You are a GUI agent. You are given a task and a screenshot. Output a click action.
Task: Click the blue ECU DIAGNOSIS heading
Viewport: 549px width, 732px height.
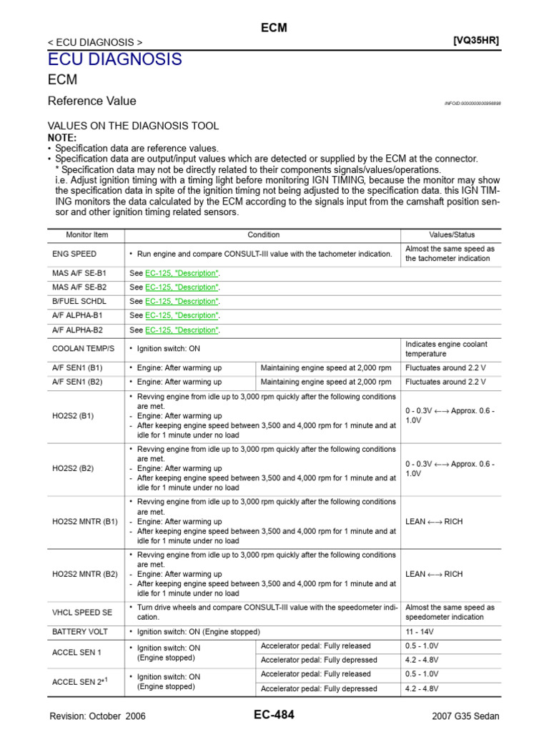click(114, 59)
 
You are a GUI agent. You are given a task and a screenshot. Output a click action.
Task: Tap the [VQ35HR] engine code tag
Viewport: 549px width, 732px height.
click(476, 40)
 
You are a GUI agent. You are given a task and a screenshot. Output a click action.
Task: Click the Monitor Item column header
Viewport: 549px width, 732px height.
click(86, 234)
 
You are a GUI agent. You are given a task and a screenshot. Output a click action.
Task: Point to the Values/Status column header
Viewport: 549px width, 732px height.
click(451, 234)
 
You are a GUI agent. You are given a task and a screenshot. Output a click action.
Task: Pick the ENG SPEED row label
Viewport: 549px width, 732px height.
click(74, 254)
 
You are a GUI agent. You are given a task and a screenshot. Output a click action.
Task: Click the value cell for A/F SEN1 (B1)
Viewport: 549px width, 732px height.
click(445, 367)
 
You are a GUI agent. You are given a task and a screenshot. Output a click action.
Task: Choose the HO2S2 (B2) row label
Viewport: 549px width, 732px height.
click(73, 468)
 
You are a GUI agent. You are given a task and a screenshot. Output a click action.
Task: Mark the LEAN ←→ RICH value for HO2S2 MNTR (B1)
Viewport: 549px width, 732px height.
click(434, 521)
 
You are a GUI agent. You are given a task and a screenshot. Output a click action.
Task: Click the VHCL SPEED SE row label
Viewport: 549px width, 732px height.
click(82, 612)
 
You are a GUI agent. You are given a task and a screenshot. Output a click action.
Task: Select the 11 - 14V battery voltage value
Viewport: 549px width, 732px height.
click(420, 632)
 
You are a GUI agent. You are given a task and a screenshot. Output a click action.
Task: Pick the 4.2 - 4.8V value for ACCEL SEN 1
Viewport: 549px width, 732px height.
click(422, 658)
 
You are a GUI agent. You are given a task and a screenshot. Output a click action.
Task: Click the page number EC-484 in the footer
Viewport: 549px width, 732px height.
click(274, 715)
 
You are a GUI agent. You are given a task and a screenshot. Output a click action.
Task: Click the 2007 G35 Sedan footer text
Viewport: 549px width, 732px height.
click(466, 716)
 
